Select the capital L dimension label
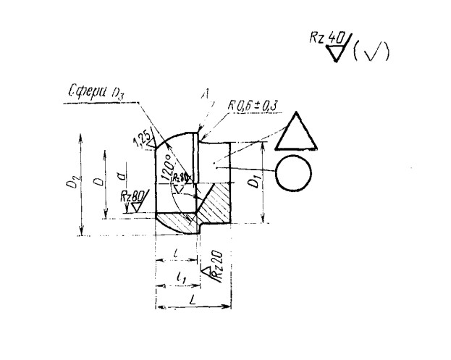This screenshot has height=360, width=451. (x=190, y=298)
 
